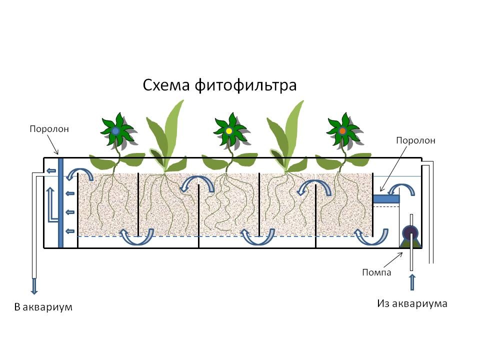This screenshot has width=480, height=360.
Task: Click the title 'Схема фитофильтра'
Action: [x=220, y=84]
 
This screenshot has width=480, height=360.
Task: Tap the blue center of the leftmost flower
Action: [x=115, y=130]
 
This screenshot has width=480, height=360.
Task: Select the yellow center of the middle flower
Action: [x=229, y=131]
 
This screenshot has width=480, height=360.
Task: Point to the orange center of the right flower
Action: [x=342, y=131]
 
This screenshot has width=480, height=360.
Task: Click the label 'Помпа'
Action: [x=376, y=272]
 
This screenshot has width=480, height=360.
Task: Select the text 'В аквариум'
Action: [x=43, y=306]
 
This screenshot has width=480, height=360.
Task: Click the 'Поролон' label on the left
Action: [x=48, y=129]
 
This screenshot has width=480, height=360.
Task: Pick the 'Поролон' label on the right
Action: [x=415, y=140]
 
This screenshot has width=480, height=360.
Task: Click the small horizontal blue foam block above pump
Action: [x=386, y=199]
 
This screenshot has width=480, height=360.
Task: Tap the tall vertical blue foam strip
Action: [x=60, y=202]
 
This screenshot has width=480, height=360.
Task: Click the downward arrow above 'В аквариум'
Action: [x=34, y=286]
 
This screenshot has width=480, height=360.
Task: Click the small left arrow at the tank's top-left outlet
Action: [x=50, y=170]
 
